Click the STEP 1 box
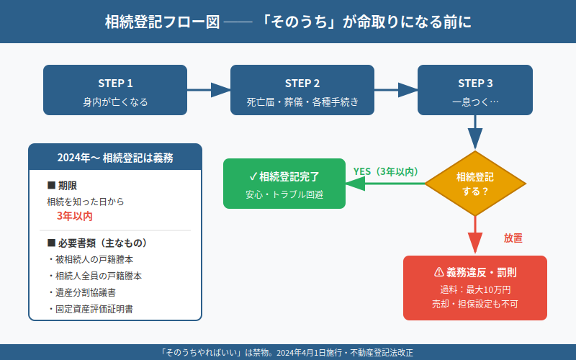[115, 90]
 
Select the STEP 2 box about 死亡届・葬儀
[302, 90]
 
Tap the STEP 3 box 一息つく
[475, 90]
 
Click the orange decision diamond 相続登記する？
[475, 184]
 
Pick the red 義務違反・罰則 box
[475, 288]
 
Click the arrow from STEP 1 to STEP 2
[209, 90]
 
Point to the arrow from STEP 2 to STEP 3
[396, 90]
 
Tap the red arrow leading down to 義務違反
[475, 234]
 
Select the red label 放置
[513, 237]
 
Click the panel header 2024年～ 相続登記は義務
[115, 157]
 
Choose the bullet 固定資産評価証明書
[94, 309]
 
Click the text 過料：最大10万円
[475, 289]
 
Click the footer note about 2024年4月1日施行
[288, 352]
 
